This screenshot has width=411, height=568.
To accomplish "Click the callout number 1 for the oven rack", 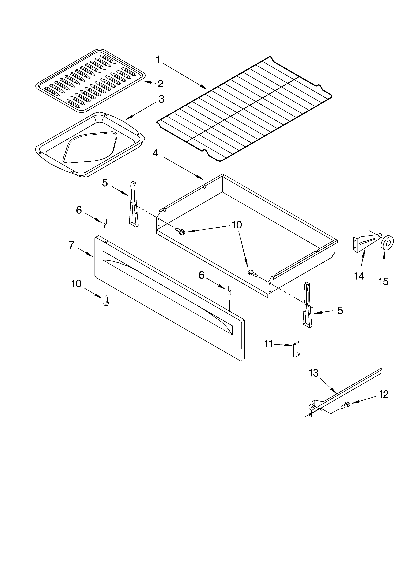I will point(158,60).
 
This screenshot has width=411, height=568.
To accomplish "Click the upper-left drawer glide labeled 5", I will point(133,204).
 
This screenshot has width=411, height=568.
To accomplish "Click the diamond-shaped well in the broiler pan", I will point(90,147).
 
